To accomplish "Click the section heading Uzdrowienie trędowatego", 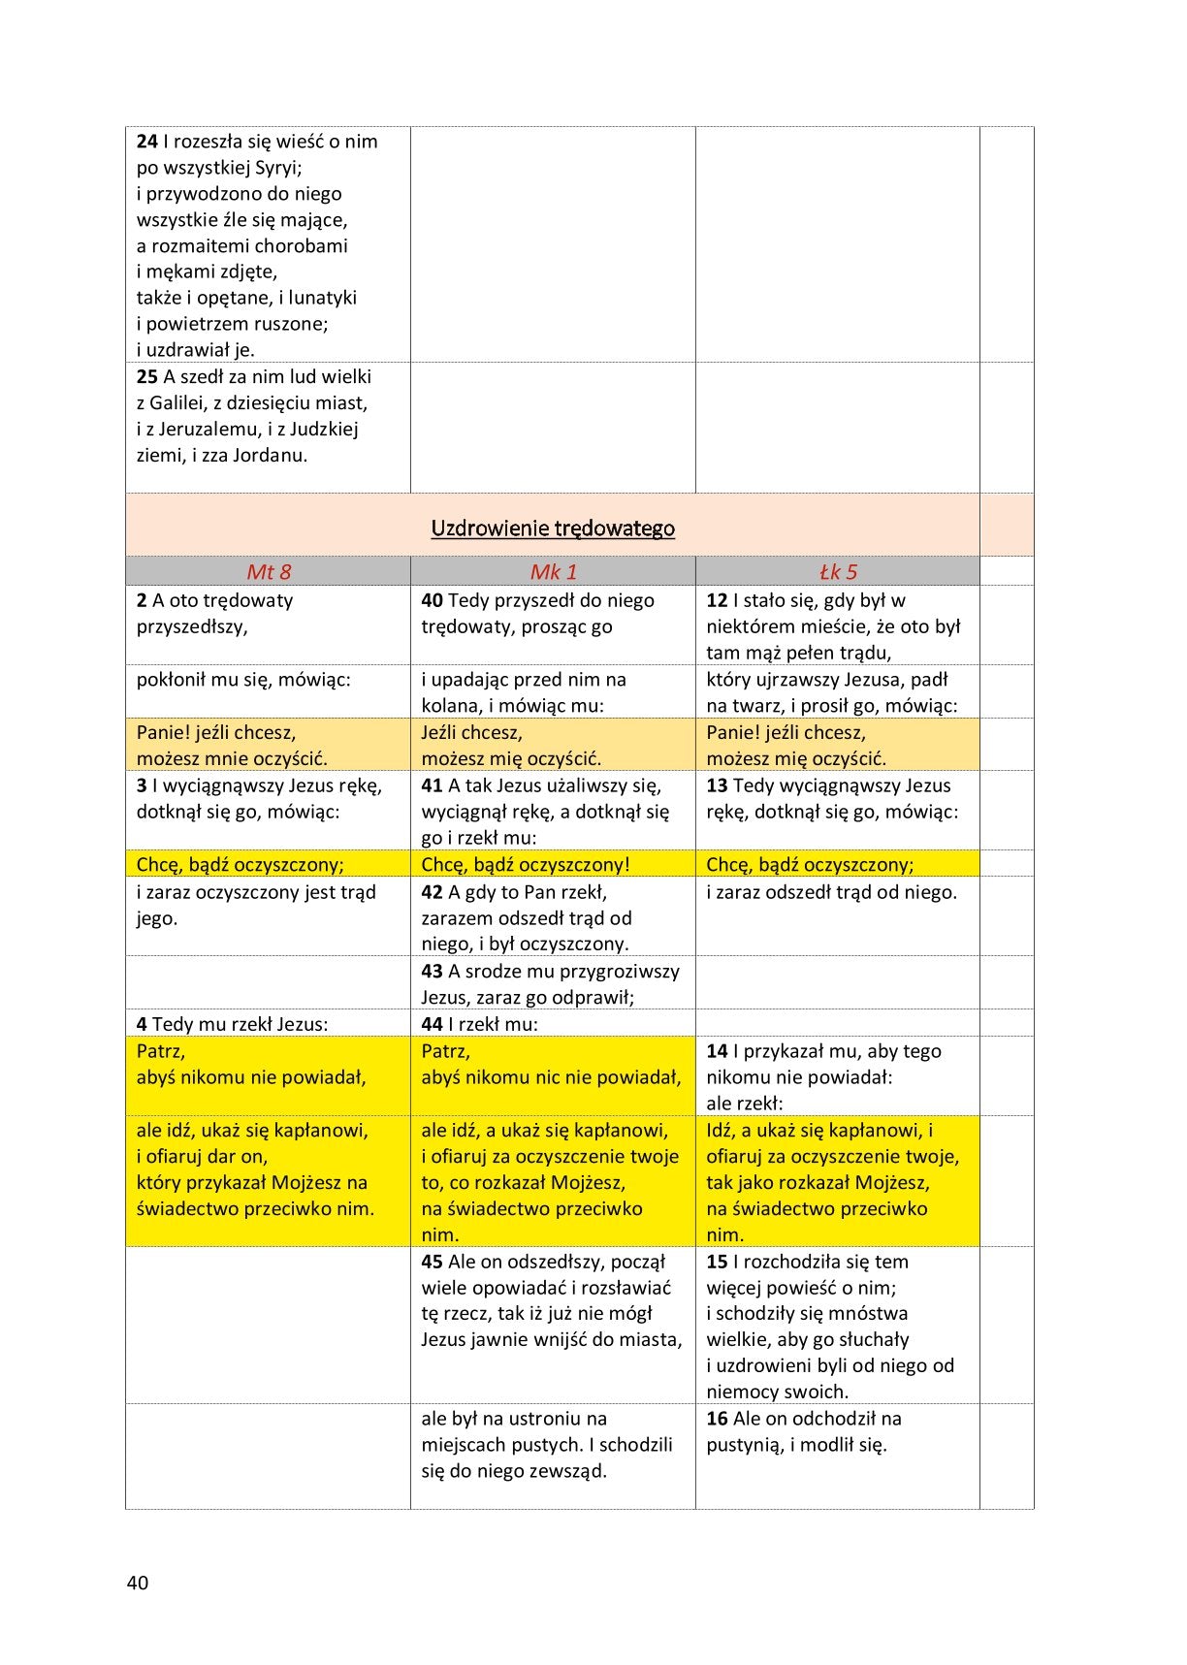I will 553,528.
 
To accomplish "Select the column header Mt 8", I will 269,572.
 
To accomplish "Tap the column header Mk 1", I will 553,572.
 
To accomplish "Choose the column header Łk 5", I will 838,572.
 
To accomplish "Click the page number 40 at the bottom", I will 138,1583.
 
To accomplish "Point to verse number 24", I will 146,142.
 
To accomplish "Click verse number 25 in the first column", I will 146,377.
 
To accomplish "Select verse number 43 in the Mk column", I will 432,972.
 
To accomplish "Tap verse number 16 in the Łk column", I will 717,1419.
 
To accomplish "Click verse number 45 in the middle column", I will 432,1262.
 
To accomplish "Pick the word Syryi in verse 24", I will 277,168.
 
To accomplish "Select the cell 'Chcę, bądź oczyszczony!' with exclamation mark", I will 526,865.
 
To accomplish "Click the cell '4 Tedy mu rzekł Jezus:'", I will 233,1024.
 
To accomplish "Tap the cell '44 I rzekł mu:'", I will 480,1024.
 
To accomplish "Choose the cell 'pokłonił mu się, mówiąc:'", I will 243,680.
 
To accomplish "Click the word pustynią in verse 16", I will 745,1445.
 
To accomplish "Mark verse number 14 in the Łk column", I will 717,1051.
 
